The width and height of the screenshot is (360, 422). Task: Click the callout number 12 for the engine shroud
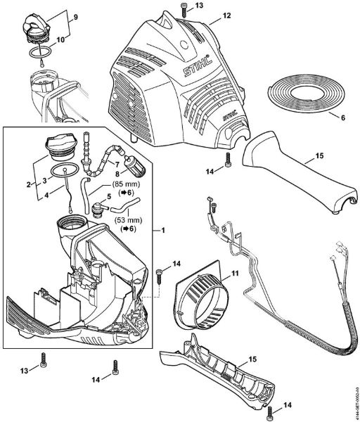tap(207, 14)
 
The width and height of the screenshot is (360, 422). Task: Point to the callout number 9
tap(56, 15)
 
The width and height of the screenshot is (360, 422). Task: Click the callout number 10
tap(60, 39)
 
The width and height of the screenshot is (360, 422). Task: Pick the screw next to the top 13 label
tap(183, 6)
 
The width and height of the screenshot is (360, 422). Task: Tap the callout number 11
tap(236, 271)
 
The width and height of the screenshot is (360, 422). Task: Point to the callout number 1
tap(164, 231)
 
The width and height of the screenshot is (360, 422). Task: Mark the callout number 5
tap(108, 197)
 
